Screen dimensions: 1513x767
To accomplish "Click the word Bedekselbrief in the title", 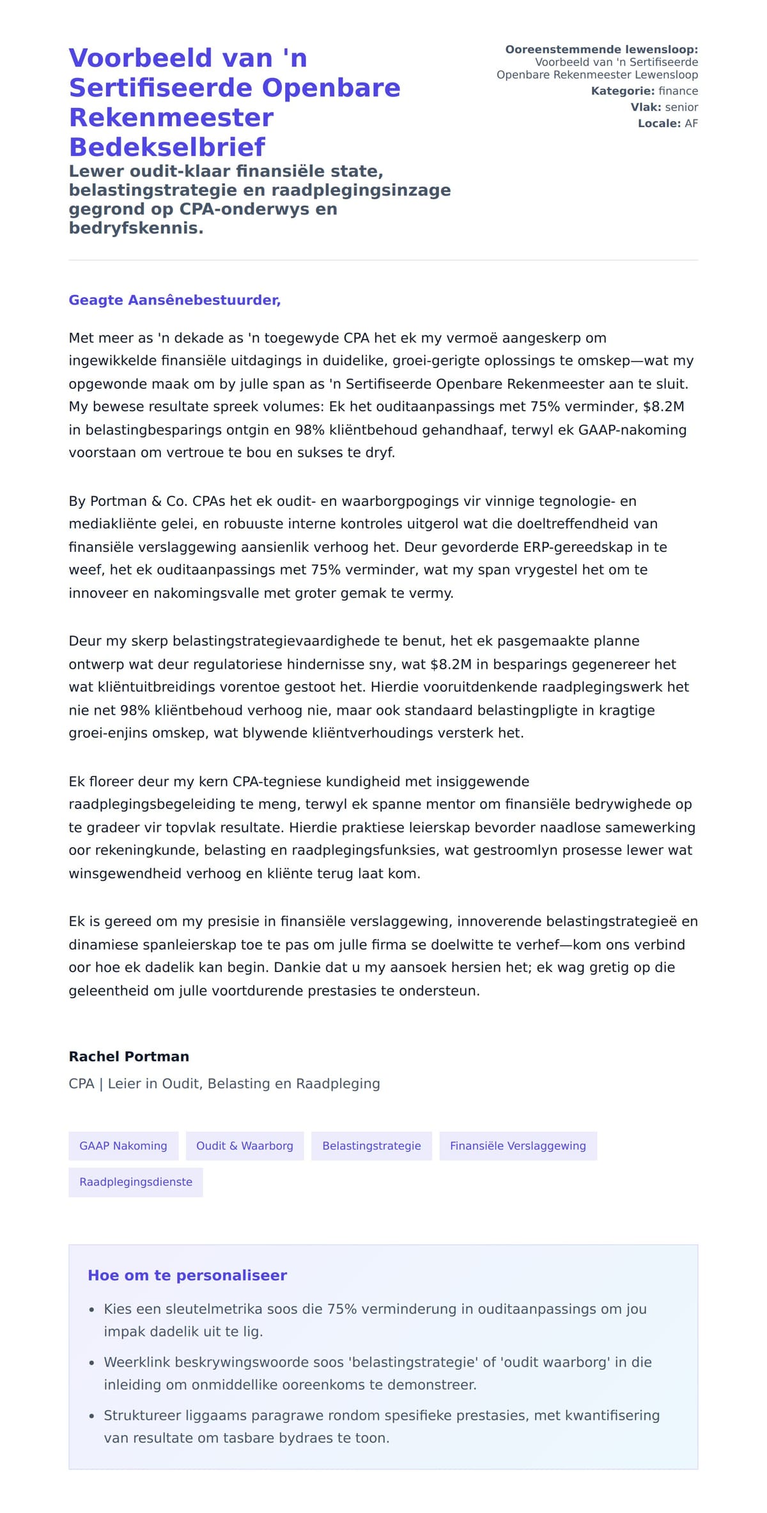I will click(166, 148).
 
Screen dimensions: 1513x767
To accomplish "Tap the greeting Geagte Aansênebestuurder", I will click(174, 300).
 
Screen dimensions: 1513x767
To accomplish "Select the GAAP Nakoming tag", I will click(123, 1146).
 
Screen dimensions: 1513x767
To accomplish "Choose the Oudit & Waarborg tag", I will click(245, 1146).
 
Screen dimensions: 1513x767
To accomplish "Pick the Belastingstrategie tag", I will click(371, 1146).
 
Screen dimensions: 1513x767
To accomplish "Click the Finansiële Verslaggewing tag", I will click(518, 1146).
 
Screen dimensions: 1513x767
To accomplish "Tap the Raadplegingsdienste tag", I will click(136, 1182).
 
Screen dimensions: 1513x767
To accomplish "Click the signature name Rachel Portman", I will click(129, 1056).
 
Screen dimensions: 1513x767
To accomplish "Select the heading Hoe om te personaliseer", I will click(187, 1275).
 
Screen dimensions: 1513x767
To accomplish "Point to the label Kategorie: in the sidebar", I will click(623, 91).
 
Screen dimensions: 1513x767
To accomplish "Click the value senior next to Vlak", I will click(681, 107).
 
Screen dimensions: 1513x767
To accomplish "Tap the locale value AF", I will click(691, 123).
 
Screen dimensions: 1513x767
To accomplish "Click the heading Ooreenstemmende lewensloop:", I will click(601, 50).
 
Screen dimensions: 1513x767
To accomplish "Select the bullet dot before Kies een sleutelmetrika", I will click(92, 1310).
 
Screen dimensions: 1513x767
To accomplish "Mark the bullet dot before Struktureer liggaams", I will click(92, 1417).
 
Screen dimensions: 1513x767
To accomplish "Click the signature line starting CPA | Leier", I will click(224, 1084).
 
